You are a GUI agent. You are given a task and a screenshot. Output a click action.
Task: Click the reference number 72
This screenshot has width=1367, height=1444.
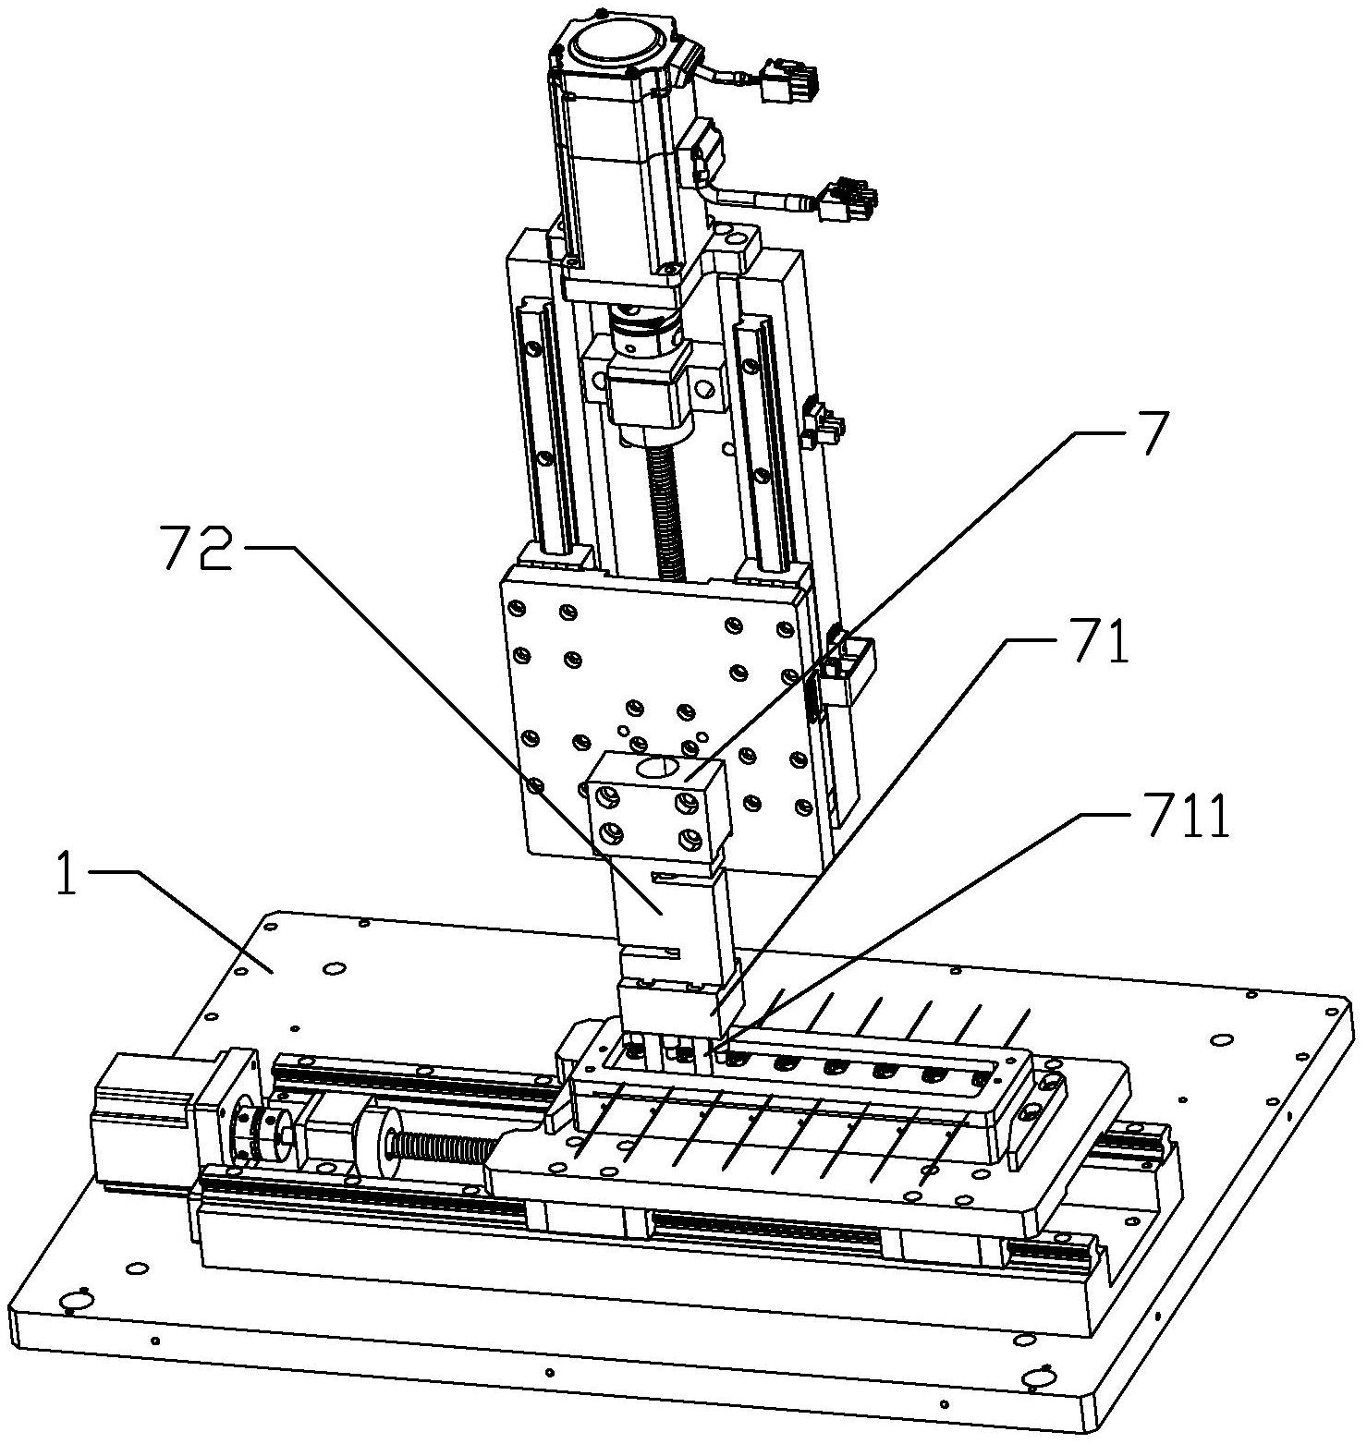(197, 548)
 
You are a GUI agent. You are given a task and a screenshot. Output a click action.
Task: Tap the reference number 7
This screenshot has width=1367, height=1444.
(1150, 433)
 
